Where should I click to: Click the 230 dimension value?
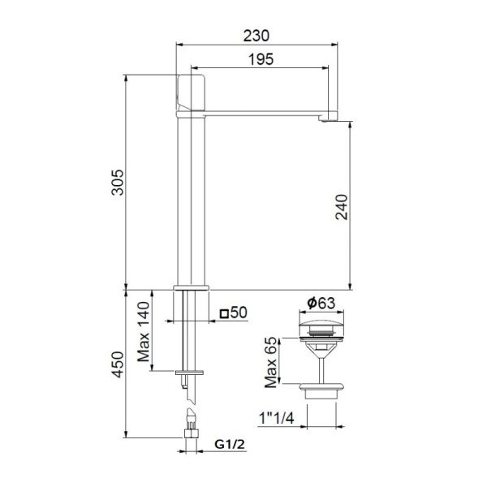click(x=256, y=36)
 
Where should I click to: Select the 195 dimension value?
click(x=260, y=58)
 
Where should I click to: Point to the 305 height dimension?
click(x=118, y=184)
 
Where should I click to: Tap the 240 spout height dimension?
click(x=341, y=209)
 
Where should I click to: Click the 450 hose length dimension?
click(x=118, y=365)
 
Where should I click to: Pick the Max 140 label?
click(x=144, y=333)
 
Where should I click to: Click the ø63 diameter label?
click(x=321, y=304)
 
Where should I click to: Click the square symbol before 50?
click(x=223, y=312)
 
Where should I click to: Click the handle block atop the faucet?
click(x=192, y=93)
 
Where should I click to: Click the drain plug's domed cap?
click(x=321, y=327)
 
